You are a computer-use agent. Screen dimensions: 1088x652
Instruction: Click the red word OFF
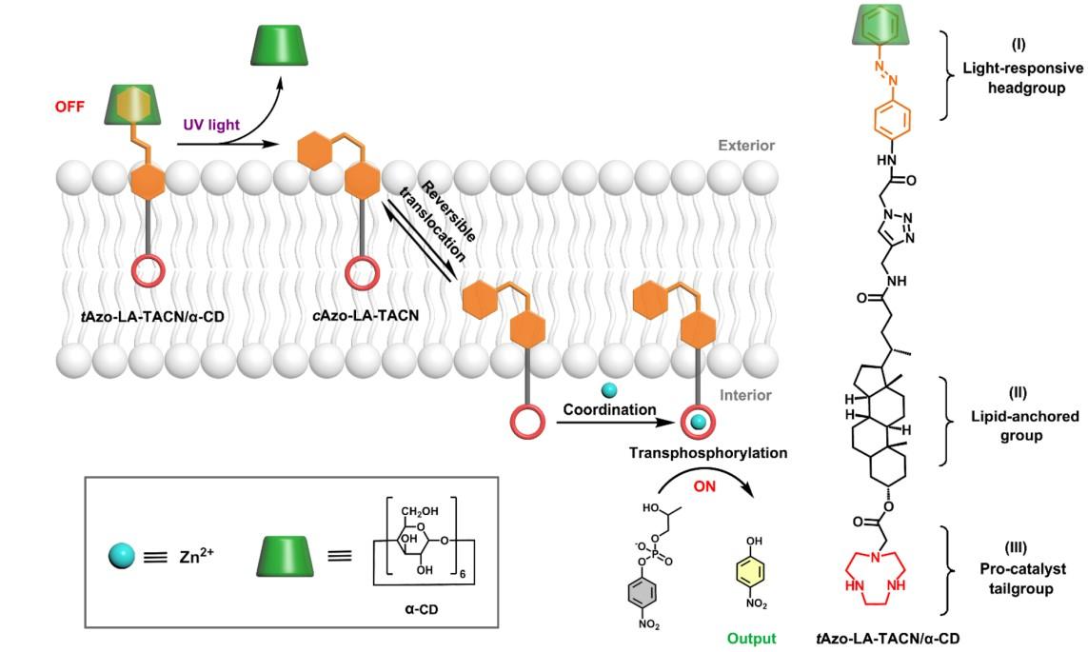(x=69, y=107)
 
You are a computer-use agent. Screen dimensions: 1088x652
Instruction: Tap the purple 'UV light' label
(x=211, y=125)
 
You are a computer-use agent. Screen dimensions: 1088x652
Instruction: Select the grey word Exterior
(x=746, y=145)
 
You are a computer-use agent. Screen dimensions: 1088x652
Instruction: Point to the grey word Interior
(x=745, y=395)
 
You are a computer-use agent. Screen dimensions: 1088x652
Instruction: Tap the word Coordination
(x=609, y=409)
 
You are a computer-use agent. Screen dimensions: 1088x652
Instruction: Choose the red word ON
(x=704, y=486)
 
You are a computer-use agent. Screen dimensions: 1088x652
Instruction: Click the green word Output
(x=751, y=638)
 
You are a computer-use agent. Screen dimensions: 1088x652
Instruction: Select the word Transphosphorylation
(x=708, y=453)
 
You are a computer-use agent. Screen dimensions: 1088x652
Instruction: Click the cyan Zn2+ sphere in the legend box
(x=122, y=556)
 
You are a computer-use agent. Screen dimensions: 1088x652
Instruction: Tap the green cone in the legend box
(x=286, y=556)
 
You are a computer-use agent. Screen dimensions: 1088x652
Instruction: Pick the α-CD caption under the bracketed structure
(x=421, y=610)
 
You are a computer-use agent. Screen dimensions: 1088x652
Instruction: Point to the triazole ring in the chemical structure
(x=899, y=228)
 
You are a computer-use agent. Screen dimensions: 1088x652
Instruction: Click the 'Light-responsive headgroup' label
(x=1022, y=68)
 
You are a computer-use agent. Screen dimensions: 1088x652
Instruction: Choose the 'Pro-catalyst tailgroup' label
(x=1022, y=568)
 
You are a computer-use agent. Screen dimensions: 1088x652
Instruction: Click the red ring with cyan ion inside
(x=698, y=422)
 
